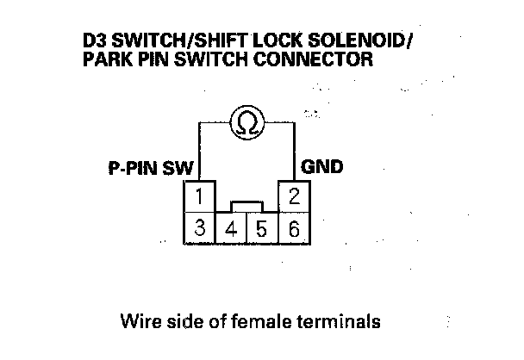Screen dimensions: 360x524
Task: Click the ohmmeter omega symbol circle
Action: coord(246,123)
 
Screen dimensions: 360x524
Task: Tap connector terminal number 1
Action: coord(199,196)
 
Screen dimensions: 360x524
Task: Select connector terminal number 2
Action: coord(294,196)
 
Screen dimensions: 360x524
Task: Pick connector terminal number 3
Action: coord(199,229)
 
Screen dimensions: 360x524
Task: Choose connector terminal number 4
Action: coord(231,230)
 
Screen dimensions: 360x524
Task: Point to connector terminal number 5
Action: coord(262,230)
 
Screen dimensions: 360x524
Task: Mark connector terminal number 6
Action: coord(294,229)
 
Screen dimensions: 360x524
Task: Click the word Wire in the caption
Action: coord(141,323)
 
